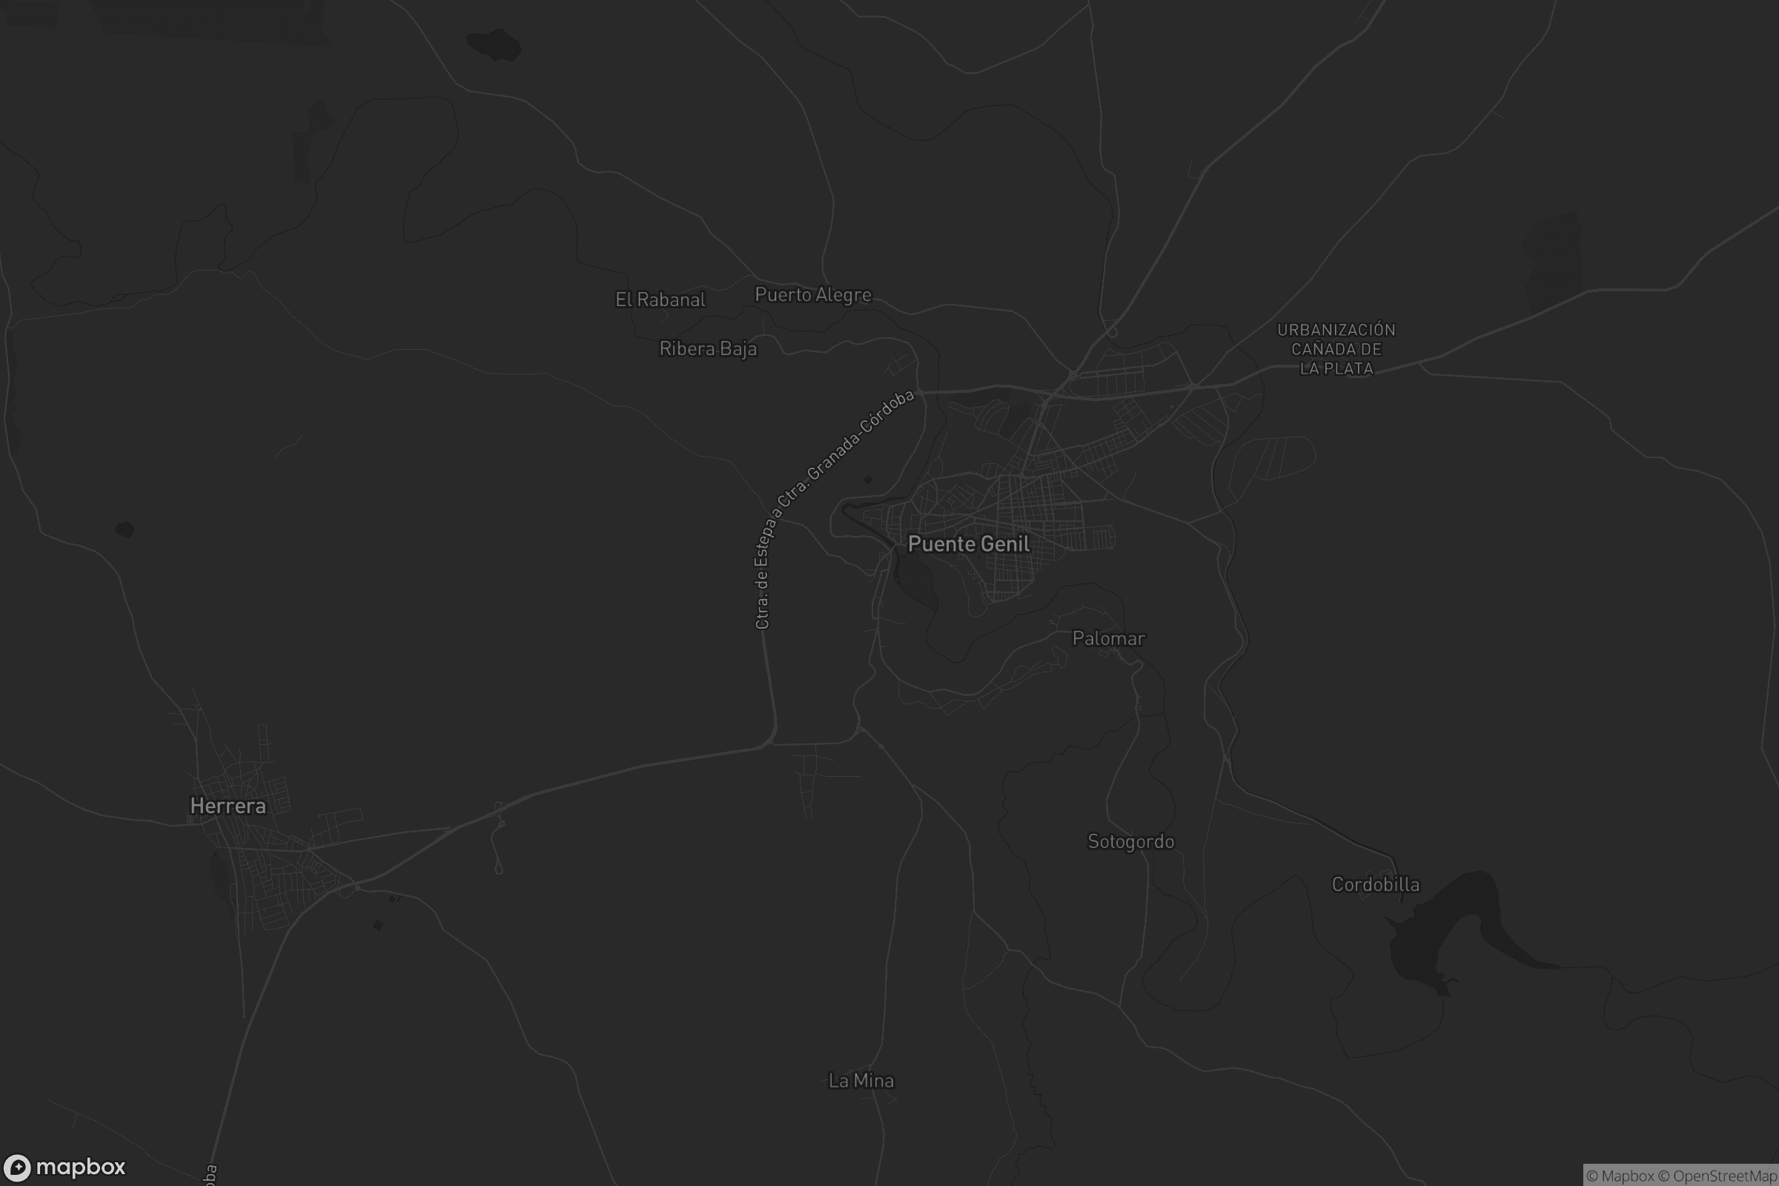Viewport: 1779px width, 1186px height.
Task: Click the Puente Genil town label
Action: [968, 544]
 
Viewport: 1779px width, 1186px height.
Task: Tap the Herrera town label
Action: [228, 806]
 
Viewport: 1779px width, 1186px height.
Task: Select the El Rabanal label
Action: [660, 300]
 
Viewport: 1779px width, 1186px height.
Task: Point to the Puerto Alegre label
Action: [813, 295]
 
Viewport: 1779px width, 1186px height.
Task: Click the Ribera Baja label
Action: [708, 348]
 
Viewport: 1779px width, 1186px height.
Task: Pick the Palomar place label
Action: [1109, 638]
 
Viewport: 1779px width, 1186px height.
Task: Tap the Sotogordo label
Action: [1131, 842]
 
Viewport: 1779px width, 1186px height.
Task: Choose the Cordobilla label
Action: [1376, 885]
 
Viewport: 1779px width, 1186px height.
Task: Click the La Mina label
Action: [861, 1081]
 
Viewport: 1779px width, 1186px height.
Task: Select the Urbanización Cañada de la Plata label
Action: [1336, 349]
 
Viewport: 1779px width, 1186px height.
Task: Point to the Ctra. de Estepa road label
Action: [763, 575]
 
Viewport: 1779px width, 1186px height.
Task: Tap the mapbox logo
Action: [64, 1167]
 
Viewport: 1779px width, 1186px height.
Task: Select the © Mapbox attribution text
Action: [1620, 1176]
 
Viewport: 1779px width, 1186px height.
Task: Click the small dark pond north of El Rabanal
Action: [494, 44]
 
